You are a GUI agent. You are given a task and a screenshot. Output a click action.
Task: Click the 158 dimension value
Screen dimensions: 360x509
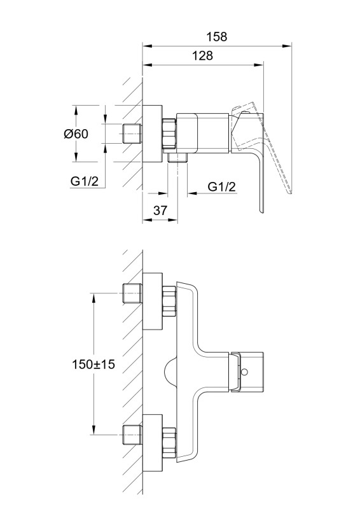[x=217, y=36]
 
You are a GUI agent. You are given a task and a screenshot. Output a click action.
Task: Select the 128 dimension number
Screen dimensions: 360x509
[x=203, y=55]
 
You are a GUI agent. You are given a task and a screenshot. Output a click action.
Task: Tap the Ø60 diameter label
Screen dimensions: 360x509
[x=76, y=134]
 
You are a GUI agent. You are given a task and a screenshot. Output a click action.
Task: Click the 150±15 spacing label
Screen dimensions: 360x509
[x=93, y=364]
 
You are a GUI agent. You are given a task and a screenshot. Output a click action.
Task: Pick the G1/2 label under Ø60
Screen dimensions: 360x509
[x=84, y=181]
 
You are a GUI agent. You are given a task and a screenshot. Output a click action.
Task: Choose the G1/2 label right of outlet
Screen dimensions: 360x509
[x=222, y=186]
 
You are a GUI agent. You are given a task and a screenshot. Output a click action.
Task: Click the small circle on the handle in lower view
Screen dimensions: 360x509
[x=245, y=372]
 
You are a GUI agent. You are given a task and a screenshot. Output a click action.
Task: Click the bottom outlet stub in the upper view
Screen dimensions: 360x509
[x=177, y=157]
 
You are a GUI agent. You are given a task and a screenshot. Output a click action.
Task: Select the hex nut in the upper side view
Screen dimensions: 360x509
[x=169, y=134]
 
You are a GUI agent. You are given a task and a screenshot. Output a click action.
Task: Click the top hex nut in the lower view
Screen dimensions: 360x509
[x=169, y=301]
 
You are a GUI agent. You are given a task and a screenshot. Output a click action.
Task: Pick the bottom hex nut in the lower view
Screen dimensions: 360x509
[x=169, y=443]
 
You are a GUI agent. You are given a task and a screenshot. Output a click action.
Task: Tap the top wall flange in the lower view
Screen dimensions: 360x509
[x=152, y=301]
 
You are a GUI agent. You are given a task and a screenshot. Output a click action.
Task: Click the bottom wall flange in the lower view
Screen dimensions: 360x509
[x=152, y=443]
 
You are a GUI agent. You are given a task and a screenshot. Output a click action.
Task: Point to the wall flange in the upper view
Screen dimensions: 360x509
[x=152, y=134]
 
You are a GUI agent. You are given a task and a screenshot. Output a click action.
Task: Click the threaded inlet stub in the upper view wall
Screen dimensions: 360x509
[x=132, y=134]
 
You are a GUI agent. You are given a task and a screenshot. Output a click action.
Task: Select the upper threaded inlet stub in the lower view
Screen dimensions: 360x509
[x=132, y=293]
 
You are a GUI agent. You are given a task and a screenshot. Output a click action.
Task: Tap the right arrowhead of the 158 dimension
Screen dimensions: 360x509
[x=287, y=46]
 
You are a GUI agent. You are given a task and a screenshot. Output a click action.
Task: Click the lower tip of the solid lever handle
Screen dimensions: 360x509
[x=261, y=213]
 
